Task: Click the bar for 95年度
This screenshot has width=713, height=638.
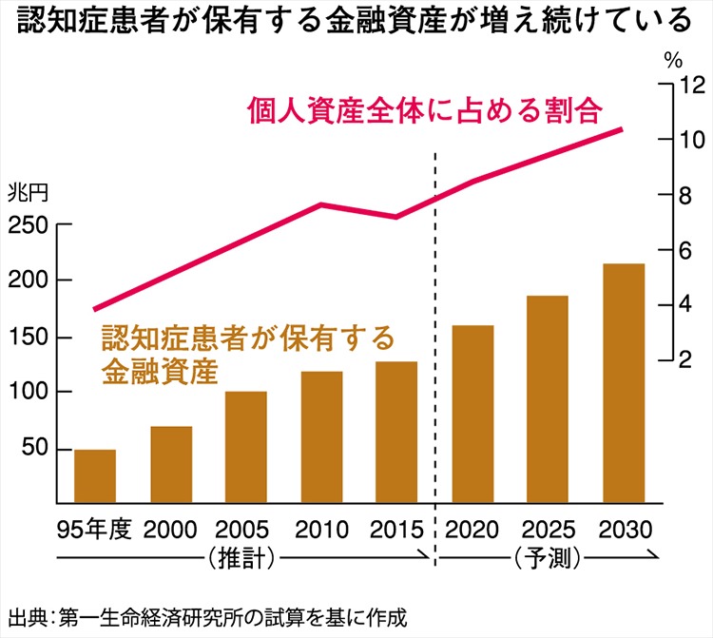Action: (95, 476)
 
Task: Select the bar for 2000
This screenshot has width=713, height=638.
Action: (171, 465)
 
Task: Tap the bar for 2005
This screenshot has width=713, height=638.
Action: (246, 447)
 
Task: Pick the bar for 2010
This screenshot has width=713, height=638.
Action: (321, 437)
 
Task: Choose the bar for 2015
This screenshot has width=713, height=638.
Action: (396, 433)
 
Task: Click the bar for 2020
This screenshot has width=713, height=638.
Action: (472, 415)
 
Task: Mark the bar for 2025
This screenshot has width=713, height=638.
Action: (548, 399)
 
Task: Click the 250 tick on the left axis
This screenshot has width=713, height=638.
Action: (28, 226)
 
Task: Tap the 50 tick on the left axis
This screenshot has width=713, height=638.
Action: (34, 448)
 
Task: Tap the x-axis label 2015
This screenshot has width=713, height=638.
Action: (396, 530)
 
